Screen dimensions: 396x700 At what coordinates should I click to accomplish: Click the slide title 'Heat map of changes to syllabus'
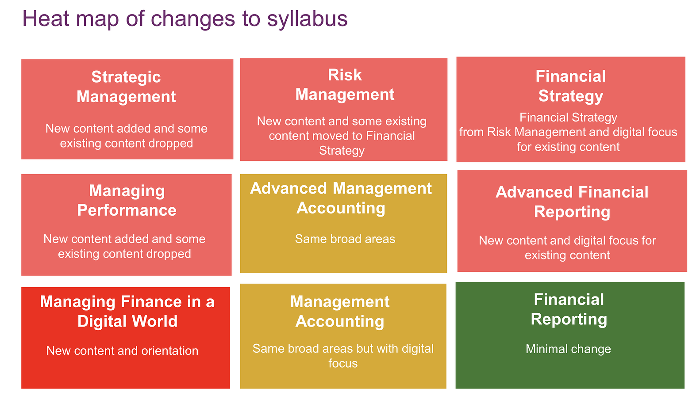[185, 19]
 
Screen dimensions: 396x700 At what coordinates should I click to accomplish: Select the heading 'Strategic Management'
[126, 87]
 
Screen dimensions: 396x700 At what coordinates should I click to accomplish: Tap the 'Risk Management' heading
[345, 85]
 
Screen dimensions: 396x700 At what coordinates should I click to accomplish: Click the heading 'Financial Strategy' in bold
[570, 86]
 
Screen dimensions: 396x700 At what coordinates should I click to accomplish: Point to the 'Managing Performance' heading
[127, 200]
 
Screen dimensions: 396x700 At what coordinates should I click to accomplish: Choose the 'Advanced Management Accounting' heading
[341, 198]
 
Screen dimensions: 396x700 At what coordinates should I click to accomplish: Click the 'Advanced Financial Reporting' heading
[572, 202]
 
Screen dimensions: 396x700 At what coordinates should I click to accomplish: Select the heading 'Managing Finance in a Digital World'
[127, 311]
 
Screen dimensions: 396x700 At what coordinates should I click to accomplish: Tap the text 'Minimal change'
[568, 349]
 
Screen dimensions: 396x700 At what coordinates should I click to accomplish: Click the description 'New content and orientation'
[122, 351]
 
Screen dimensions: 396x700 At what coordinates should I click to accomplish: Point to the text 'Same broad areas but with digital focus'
[343, 356]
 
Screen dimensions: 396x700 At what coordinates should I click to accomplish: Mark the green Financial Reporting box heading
[569, 309]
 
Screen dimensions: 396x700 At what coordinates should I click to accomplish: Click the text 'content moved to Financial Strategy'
[342, 143]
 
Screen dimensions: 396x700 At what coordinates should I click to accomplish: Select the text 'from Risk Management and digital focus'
[568, 132]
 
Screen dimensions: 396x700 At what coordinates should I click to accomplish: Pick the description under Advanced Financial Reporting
[567, 248]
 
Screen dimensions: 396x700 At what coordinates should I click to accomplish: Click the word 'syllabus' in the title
[307, 19]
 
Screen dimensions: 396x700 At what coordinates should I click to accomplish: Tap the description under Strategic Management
[127, 136]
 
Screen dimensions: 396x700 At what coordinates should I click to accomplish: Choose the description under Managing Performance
[124, 246]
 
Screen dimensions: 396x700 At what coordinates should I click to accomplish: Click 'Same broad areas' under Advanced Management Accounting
[345, 239]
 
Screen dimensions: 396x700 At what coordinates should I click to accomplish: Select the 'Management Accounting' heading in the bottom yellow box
[340, 311]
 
